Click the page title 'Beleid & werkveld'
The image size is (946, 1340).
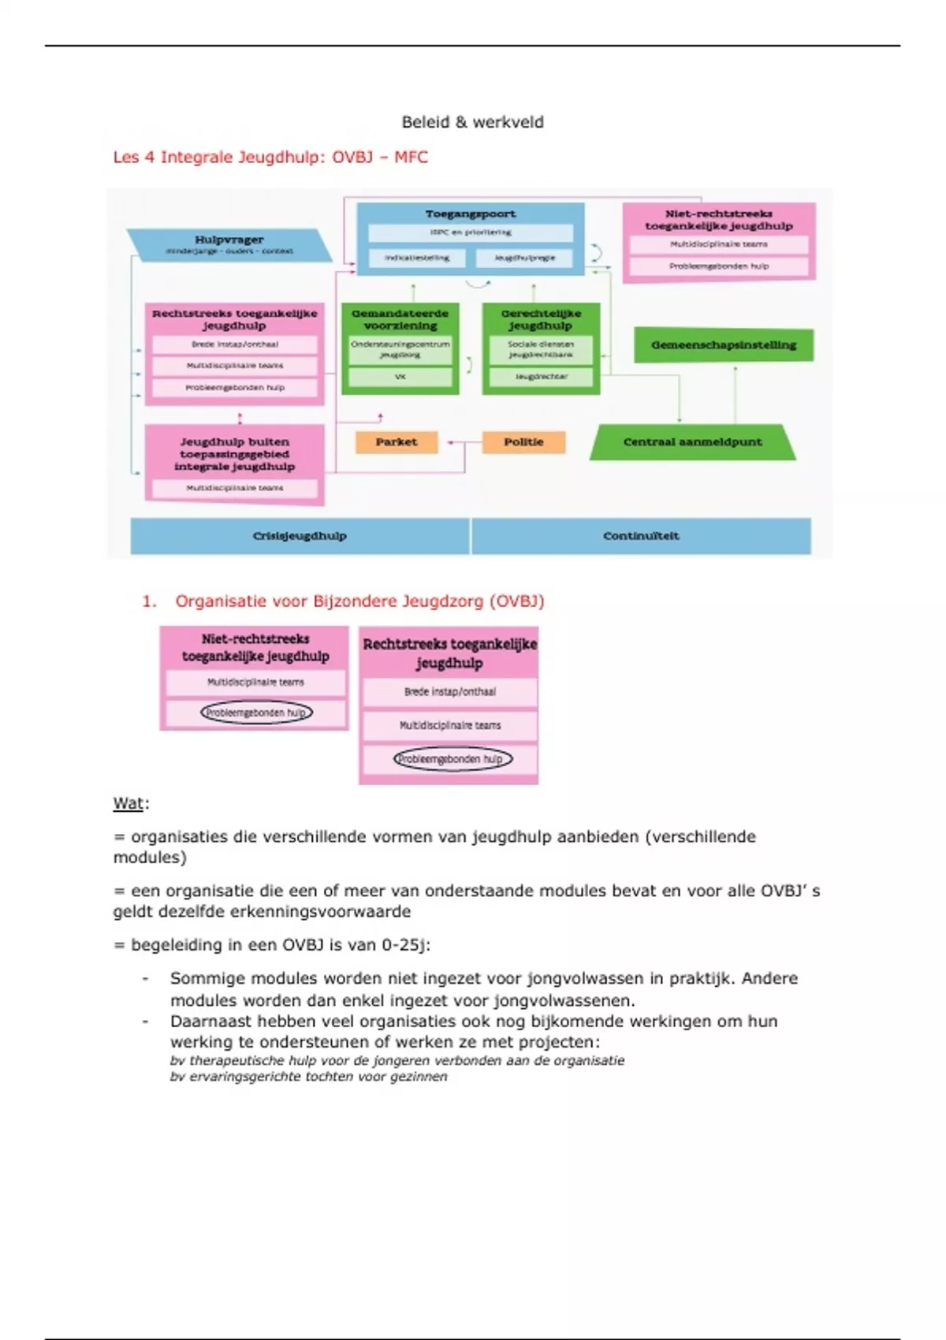tap(472, 122)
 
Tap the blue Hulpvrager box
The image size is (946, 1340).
tap(229, 244)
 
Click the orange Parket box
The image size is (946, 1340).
tap(397, 442)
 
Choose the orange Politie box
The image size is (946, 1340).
tap(523, 442)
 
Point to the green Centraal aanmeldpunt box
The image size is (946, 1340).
tap(692, 442)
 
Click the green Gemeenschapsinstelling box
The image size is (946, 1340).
tap(723, 345)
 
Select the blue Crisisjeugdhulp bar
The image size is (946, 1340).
tap(300, 536)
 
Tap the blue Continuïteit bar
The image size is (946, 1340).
tap(641, 536)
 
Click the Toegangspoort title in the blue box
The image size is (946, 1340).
tap(471, 214)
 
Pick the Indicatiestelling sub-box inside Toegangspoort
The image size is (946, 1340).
tap(417, 258)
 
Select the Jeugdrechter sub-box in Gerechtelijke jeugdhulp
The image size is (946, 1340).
tap(541, 377)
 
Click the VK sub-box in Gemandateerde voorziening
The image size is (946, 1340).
tap(400, 377)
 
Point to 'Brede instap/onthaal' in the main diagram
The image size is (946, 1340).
tap(235, 344)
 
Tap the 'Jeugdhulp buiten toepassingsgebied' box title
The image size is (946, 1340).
tap(235, 454)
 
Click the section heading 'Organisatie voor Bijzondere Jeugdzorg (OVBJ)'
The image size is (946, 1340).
tap(359, 601)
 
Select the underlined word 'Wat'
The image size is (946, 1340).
tap(128, 804)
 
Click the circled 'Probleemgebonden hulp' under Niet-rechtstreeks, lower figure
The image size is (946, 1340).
tap(256, 713)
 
